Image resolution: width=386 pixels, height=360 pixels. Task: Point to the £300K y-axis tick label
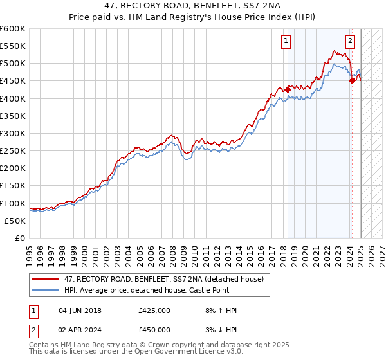(x=13, y=133)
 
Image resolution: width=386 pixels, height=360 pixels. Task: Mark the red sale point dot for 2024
(x=353, y=80)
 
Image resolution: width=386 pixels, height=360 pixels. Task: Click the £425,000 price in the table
(x=154, y=310)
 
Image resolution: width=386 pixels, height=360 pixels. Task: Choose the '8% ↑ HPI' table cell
(x=220, y=310)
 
